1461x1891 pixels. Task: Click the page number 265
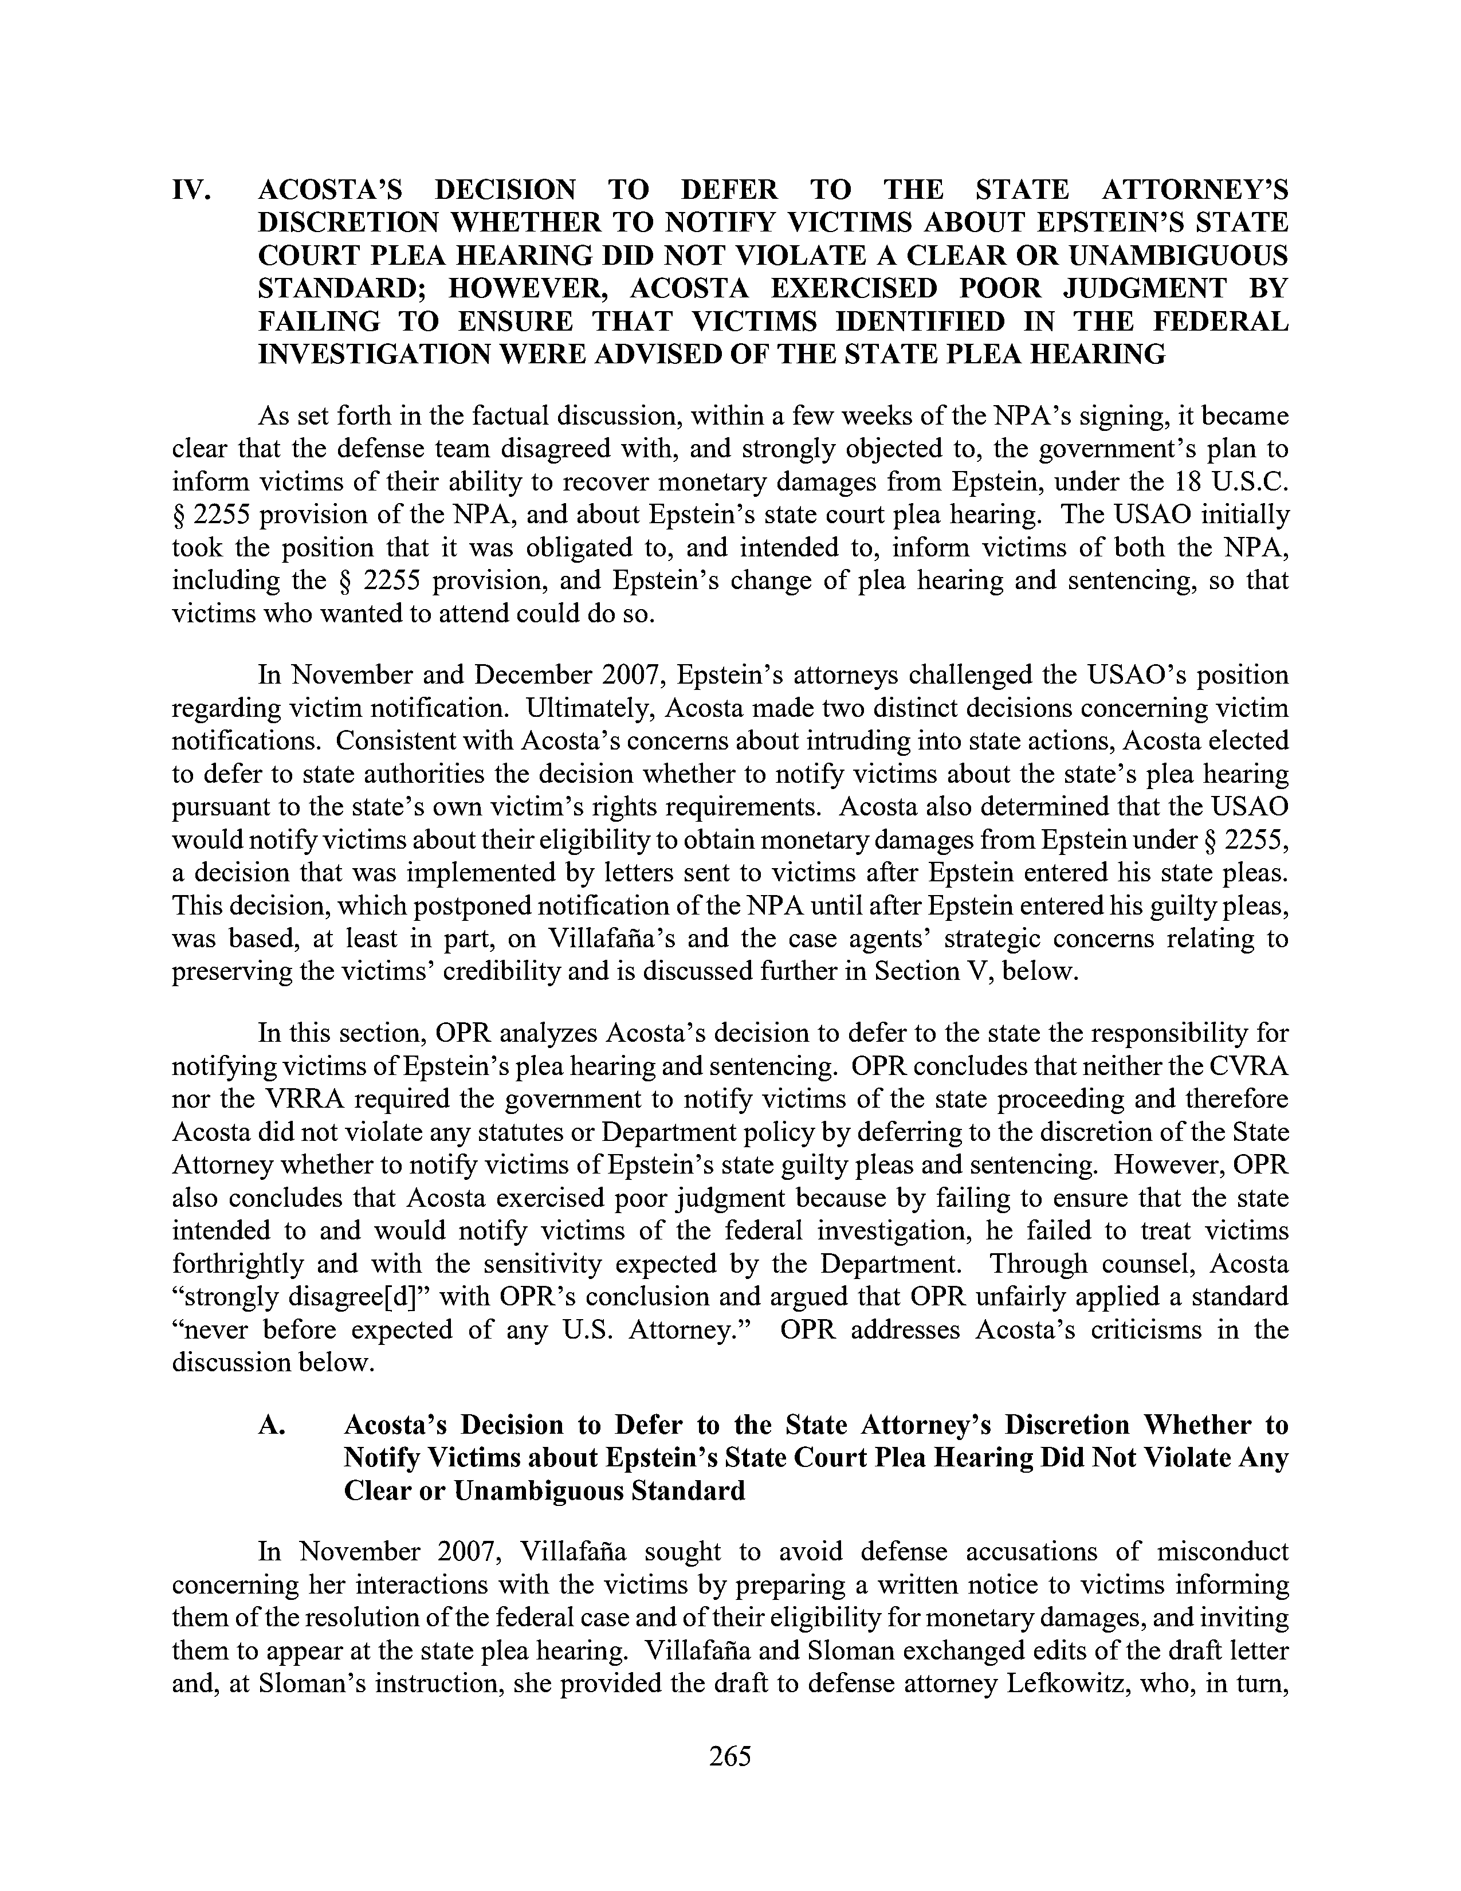tap(729, 1756)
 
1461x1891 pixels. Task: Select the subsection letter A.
tap(274, 1425)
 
